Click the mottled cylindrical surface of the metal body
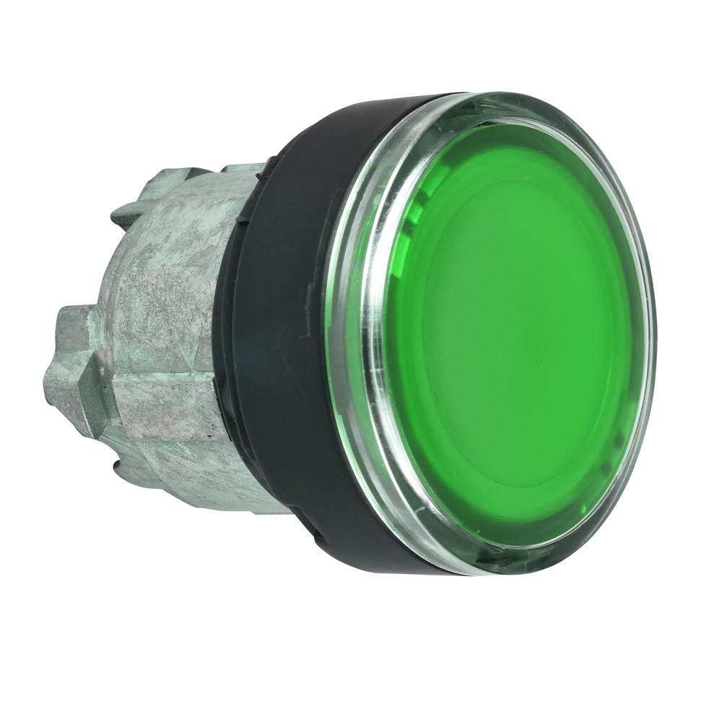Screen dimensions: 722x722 pyautogui.click(x=173, y=303)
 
